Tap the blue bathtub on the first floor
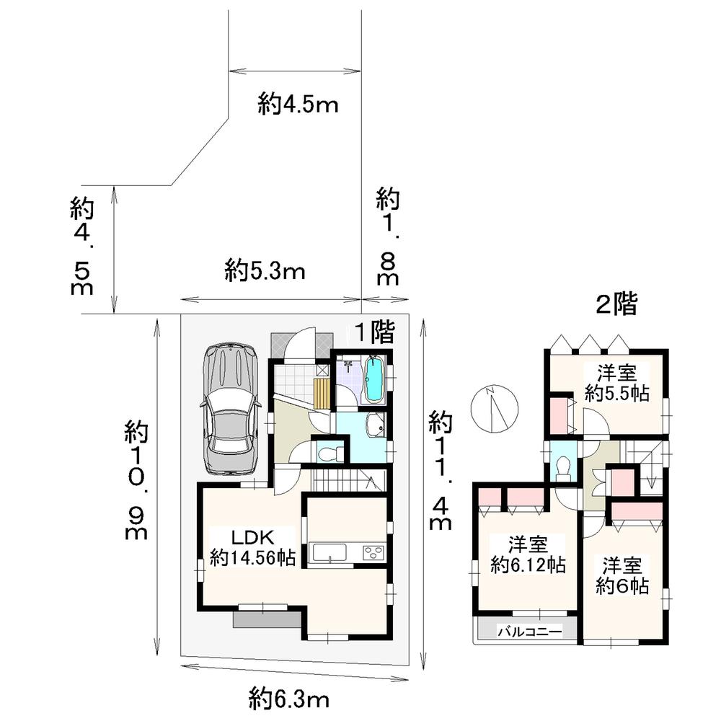tap(374, 380)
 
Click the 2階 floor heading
tap(616, 305)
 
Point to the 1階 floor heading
tap(373, 332)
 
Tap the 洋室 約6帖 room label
tap(622, 575)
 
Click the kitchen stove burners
tap(373, 553)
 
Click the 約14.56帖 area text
tap(252, 557)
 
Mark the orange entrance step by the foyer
tap(322, 394)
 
